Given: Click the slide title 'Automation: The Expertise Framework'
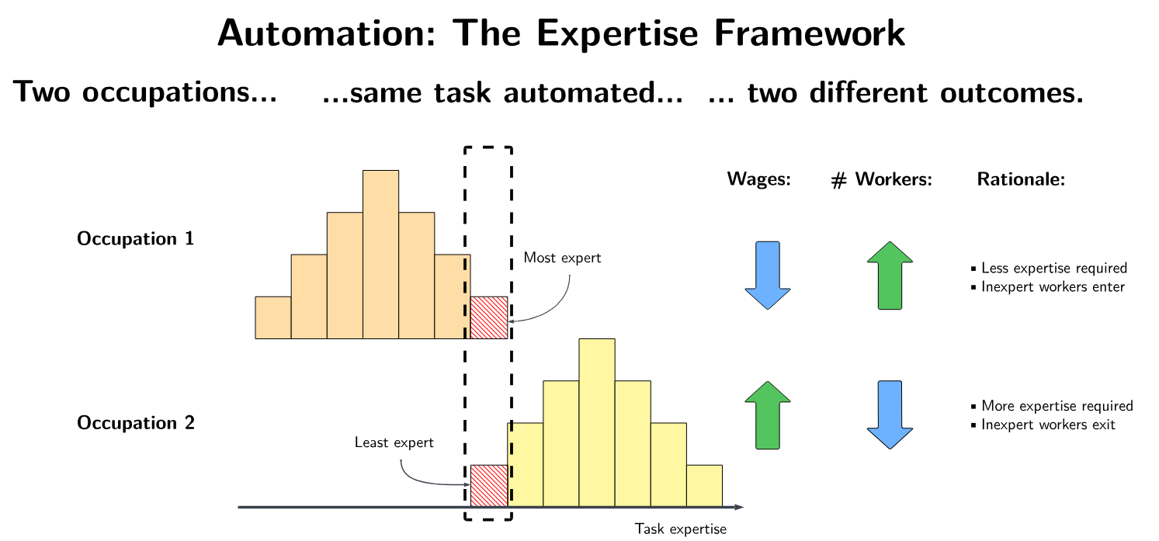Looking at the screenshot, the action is (561, 33).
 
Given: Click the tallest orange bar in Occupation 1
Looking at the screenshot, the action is (381, 255).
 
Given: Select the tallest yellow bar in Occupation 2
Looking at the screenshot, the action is (597, 422).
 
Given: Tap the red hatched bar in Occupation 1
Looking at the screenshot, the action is (489, 317).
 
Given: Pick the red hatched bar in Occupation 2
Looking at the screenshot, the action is (489, 486).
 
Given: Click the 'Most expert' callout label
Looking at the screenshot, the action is (563, 258).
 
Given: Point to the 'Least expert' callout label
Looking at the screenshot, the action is (394, 442).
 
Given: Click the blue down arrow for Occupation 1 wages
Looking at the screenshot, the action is (768, 275).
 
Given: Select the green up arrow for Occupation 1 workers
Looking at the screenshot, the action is (890, 275).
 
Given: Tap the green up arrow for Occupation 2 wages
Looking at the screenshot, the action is (768, 415).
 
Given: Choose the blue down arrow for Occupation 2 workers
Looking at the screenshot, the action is (890, 415).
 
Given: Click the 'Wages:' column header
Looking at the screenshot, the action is (759, 179).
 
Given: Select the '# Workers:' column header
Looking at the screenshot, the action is (881, 179).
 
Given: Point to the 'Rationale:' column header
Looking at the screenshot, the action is (1021, 179).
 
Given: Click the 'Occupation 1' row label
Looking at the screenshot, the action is (136, 238).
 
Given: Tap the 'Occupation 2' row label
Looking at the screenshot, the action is (136, 422).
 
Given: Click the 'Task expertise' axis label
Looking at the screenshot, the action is (680, 529).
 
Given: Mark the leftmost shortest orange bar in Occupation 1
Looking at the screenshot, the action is (273, 317).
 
